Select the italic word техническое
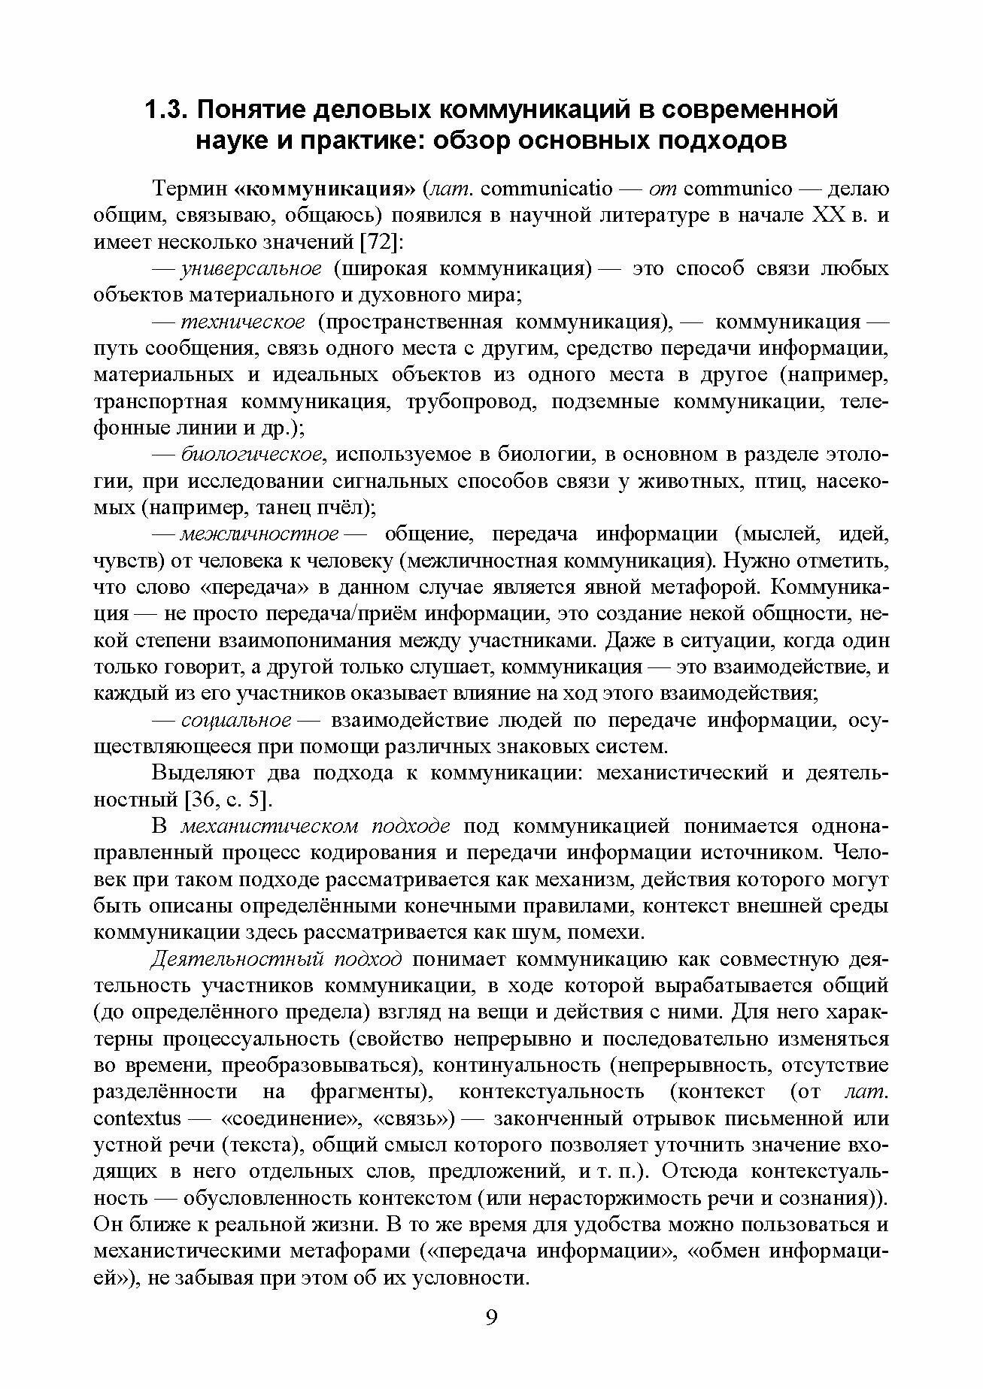243,322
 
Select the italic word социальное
236,719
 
